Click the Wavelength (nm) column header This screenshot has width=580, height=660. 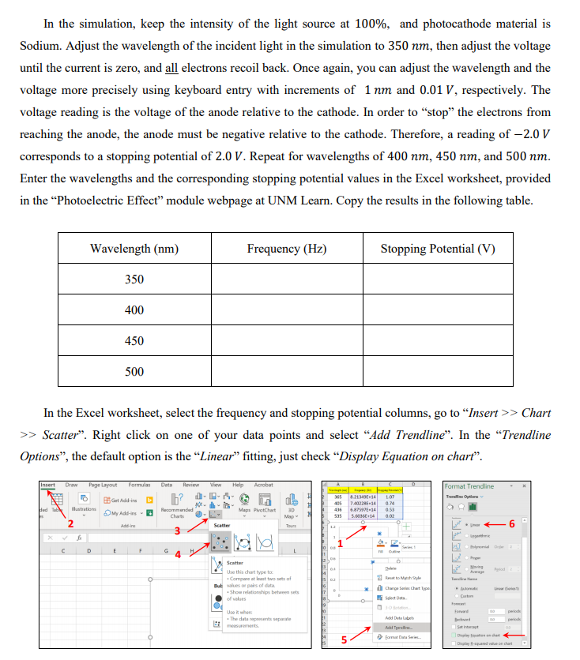(x=134, y=249)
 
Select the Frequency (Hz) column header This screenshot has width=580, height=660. (x=286, y=249)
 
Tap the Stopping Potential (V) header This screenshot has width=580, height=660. (x=437, y=249)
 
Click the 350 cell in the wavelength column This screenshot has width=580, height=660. (x=134, y=279)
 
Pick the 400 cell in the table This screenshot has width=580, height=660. (x=134, y=310)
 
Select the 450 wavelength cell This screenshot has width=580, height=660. (x=134, y=341)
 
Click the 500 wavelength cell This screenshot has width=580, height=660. (x=134, y=372)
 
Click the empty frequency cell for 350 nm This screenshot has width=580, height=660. (x=286, y=279)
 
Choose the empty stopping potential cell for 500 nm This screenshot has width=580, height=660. (x=437, y=372)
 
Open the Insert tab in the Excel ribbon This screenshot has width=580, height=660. (x=48, y=485)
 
